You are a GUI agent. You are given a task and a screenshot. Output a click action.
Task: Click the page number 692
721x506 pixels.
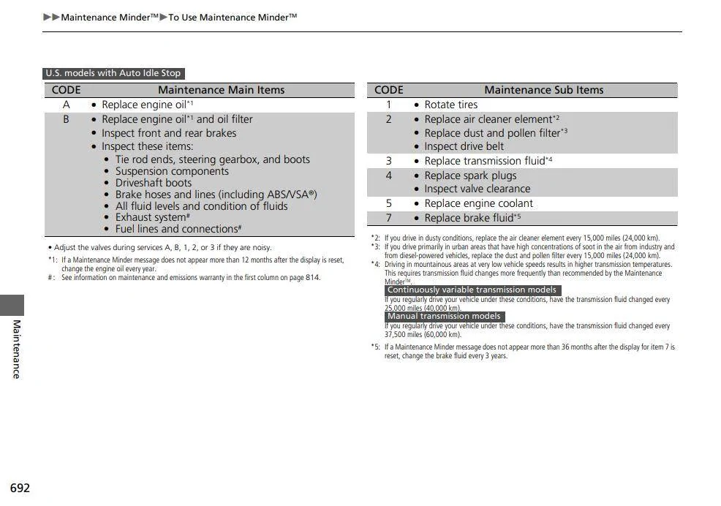coord(20,488)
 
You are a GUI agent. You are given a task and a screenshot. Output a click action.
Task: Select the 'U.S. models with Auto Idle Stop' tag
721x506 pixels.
coord(113,73)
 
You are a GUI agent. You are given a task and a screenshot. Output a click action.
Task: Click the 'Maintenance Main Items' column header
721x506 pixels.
coord(221,90)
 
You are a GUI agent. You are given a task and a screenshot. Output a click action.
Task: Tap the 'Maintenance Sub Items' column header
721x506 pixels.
coord(543,90)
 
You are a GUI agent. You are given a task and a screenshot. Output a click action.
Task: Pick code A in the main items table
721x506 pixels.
coord(66,105)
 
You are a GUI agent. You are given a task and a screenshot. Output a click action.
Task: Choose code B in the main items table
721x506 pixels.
coord(66,119)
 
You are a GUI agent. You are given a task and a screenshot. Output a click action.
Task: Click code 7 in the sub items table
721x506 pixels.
coord(388,218)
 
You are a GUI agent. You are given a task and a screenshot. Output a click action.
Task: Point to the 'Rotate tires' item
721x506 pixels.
coord(450,105)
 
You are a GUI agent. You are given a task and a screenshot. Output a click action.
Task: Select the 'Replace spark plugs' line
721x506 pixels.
coord(470,175)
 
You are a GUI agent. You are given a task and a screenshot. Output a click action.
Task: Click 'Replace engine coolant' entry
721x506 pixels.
coord(478,203)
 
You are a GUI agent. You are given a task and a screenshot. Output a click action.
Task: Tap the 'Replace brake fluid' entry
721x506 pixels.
coord(469,218)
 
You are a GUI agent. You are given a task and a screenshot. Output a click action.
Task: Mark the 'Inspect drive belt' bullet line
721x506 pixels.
coord(464,146)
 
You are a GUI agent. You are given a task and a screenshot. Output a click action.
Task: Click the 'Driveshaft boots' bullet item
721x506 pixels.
coord(153,183)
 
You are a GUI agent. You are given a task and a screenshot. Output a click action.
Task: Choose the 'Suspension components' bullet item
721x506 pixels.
coord(172,171)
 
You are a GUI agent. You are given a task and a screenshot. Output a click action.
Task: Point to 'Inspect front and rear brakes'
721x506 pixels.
coord(169,133)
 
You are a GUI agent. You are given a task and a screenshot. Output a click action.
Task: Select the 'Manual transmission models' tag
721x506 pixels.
coord(444,317)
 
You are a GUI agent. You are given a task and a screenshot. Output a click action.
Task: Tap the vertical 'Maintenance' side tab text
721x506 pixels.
coord(16,349)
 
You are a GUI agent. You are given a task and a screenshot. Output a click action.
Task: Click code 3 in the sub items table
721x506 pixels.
coord(388,161)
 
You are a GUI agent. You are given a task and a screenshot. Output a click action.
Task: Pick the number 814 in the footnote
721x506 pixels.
coord(312,278)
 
